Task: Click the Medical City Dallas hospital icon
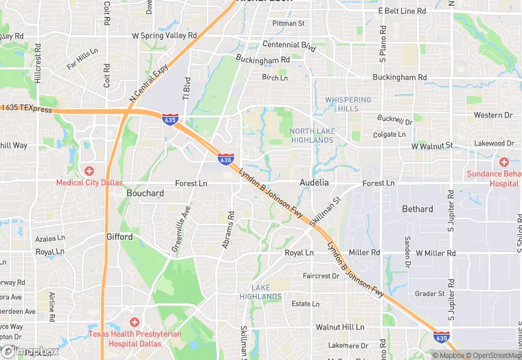coord(89,170)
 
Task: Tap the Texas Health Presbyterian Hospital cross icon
coord(134,322)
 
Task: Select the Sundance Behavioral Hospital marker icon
coord(503,162)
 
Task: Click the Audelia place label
coord(314,183)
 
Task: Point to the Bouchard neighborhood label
coord(145,194)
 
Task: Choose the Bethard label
coord(418,209)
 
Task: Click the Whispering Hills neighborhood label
coord(348,104)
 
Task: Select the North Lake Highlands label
coord(311,135)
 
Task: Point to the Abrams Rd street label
coord(228,229)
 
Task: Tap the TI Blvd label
coord(185,89)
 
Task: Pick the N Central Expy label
coord(148,83)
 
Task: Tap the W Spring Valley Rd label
coord(164,35)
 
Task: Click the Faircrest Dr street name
coord(321,275)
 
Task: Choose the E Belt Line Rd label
coord(402,12)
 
